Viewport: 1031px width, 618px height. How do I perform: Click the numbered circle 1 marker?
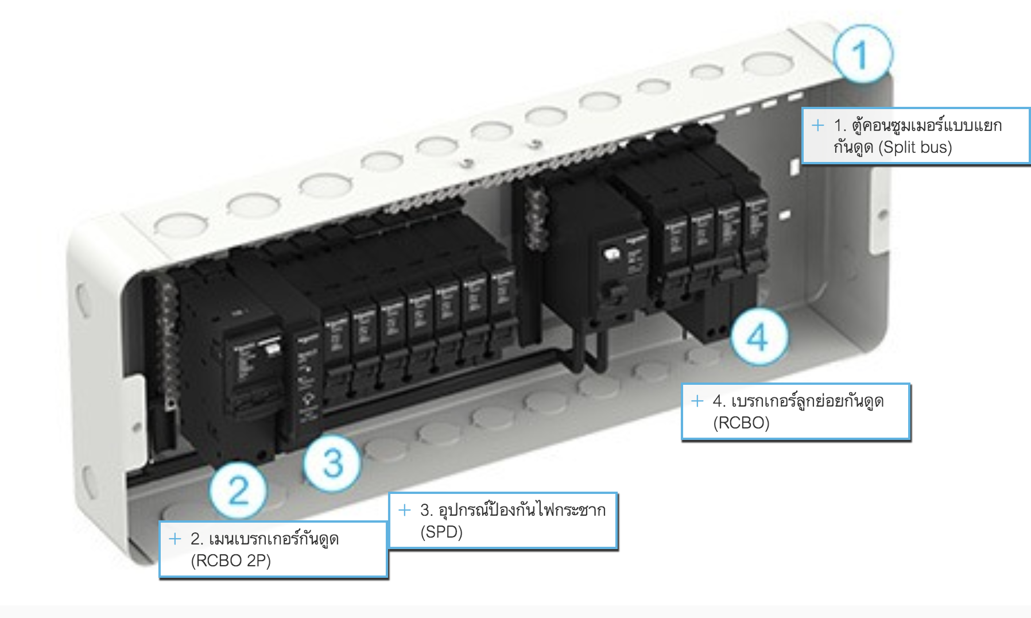(x=863, y=55)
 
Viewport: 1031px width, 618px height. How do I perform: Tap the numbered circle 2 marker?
(x=238, y=490)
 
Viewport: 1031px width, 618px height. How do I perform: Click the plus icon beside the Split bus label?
(x=818, y=125)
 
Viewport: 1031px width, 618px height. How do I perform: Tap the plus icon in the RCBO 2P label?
(x=175, y=539)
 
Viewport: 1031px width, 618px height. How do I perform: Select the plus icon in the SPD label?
(x=405, y=510)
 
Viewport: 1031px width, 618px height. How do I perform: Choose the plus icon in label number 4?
(x=697, y=401)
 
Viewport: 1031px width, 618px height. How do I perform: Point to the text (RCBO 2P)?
(x=231, y=561)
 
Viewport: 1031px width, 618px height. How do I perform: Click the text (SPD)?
(x=441, y=532)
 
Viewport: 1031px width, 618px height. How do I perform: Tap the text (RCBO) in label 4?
(x=741, y=423)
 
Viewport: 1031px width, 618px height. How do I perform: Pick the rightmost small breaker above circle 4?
(x=755, y=235)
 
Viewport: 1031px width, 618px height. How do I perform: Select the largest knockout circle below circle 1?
(x=767, y=63)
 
